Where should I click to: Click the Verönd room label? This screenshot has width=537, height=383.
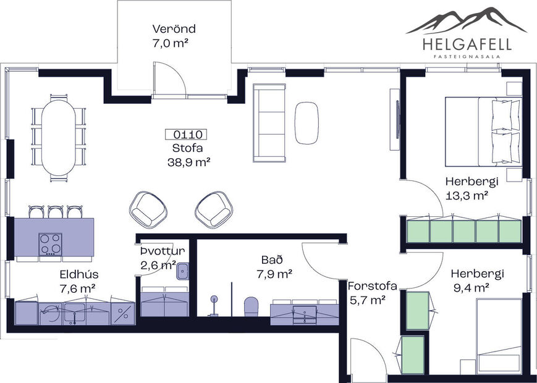tap(174, 29)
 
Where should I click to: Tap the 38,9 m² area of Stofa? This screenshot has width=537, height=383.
tap(189, 162)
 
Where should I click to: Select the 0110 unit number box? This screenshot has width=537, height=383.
tap(185, 134)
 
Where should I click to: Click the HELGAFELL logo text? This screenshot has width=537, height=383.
tap(467, 44)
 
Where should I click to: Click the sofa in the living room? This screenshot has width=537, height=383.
tap(269, 122)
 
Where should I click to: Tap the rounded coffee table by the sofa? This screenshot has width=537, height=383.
tap(307, 122)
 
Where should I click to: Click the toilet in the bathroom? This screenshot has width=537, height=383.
tap(251, 307)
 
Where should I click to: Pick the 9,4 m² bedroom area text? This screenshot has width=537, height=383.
tap(470, 287)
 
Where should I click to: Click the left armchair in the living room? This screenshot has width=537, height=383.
tap(148, 208)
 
